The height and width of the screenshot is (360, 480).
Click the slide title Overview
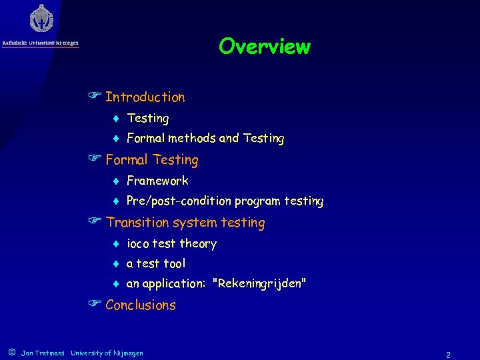(264, 47)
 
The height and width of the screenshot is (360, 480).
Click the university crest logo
(41, 19)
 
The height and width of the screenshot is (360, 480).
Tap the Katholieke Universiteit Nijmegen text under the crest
(40, 43)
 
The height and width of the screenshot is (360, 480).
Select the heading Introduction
(145, 97)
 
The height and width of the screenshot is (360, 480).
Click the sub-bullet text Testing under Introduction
(147, 119)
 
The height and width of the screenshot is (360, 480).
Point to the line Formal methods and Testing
(205, 139)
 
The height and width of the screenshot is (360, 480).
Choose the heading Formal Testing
(151, 160)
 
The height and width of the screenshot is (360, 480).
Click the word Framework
(157, 181)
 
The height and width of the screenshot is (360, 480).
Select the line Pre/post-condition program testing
(225, 201)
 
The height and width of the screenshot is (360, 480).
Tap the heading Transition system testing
(185, 223)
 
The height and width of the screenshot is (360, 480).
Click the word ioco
(138, 244)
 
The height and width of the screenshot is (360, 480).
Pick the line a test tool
(156, 264)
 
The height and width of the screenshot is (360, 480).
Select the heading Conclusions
(140, 305)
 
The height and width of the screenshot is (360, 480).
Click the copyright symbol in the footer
(11, 351)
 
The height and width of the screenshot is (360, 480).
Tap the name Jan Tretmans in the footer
(43, 353)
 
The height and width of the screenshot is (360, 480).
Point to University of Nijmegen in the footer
(107, 353)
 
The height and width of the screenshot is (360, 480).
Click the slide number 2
(448, 355)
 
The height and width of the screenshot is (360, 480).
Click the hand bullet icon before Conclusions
(94, 305)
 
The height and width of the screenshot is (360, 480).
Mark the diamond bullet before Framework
(115, 181)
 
